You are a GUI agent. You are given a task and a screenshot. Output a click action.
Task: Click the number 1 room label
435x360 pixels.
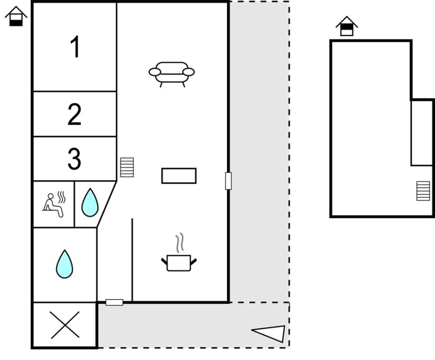[75, 47]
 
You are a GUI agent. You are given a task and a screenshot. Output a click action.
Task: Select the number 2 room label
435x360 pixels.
[74, 115]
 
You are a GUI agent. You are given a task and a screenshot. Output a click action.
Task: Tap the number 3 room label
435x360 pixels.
[74, 159]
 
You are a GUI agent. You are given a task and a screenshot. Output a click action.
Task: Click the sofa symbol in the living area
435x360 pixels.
[171, 74]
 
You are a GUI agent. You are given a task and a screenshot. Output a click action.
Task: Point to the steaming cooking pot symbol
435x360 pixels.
[179, 262]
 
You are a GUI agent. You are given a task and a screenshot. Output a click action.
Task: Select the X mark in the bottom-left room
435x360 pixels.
[65, 325]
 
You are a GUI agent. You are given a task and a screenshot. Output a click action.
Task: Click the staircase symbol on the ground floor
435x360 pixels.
[127, 167]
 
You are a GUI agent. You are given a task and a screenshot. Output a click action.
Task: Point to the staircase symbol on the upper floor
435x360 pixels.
[423, 191]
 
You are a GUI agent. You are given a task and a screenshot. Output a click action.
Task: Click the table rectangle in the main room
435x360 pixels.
[179, 176]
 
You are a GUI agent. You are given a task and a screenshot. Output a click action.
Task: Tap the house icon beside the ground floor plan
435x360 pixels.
[16, 16]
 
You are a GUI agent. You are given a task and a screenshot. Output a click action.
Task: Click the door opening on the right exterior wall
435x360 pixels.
[228, 181]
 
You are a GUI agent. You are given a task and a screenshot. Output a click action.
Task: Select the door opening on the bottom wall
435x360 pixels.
[114, 302]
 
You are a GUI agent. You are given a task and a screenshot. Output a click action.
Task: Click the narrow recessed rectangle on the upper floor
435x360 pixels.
[422, 133]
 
